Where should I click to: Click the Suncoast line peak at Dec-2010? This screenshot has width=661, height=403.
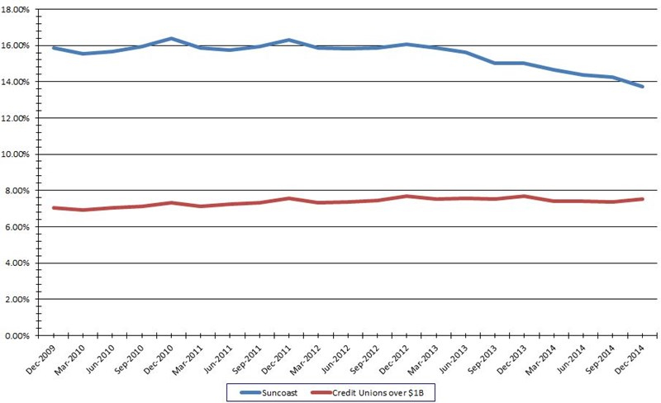tap(171, 39)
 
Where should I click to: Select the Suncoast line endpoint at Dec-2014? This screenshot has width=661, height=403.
tap(642, 87)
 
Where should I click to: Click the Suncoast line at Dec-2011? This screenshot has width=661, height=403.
tap(289, 40)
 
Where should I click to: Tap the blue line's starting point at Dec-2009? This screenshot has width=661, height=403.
tap(54, 48)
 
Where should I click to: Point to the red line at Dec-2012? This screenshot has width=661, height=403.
tap(407, 196)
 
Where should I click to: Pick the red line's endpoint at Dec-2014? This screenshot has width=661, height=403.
tap(642, 199)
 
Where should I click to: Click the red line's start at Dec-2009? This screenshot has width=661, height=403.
tap(54, 207)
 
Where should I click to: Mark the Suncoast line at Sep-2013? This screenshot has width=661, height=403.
tap(495, 63)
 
